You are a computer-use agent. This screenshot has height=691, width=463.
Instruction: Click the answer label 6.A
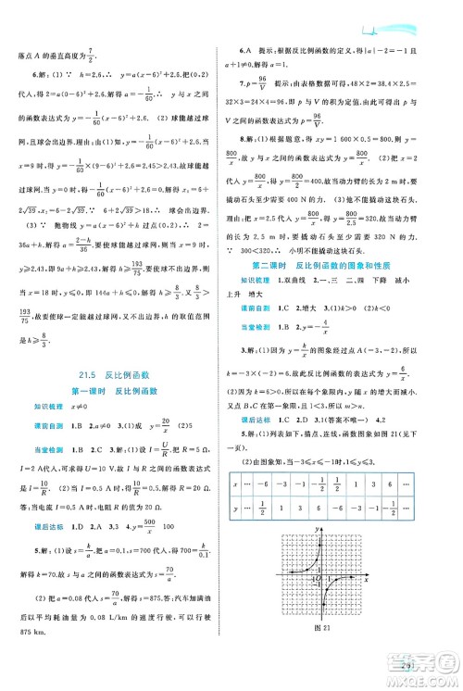coord(244,48)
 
